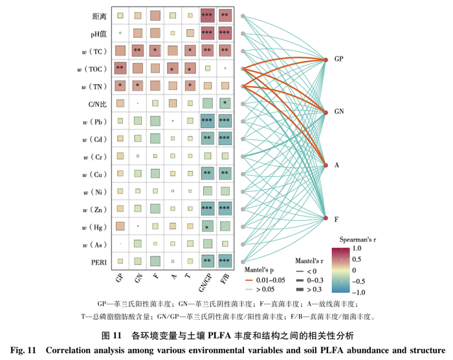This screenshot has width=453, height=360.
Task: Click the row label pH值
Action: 98,32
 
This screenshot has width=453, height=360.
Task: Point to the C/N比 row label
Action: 98,103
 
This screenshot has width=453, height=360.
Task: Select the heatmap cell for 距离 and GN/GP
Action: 207,15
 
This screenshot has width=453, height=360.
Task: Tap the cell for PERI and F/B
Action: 225,260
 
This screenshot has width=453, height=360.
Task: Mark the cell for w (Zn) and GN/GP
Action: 207,208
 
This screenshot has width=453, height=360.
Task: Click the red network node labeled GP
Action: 326,60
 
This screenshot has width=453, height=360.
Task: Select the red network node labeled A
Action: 326,165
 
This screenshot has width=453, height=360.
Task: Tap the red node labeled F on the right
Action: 326,218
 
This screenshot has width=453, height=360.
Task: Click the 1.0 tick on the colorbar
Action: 358,248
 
